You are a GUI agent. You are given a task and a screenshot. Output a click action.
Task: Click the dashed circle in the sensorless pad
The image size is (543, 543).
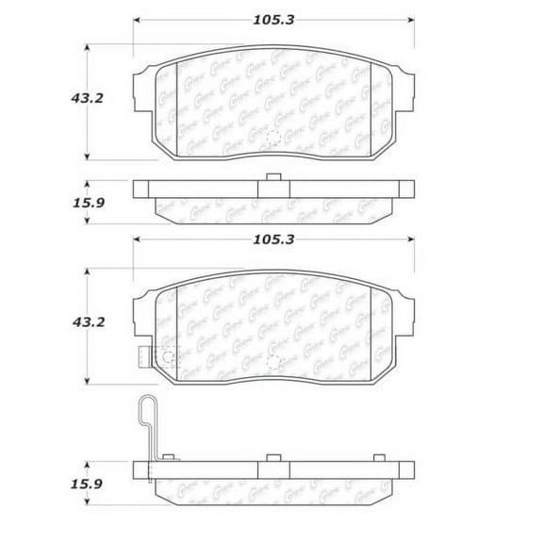coord(272,139)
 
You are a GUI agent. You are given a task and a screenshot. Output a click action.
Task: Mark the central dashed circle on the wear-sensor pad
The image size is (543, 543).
coord(272,362)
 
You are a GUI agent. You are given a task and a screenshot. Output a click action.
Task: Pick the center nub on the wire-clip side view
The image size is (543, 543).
coord(272,458)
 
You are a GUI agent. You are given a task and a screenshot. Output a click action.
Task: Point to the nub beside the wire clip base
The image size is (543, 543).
coord(169,458)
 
